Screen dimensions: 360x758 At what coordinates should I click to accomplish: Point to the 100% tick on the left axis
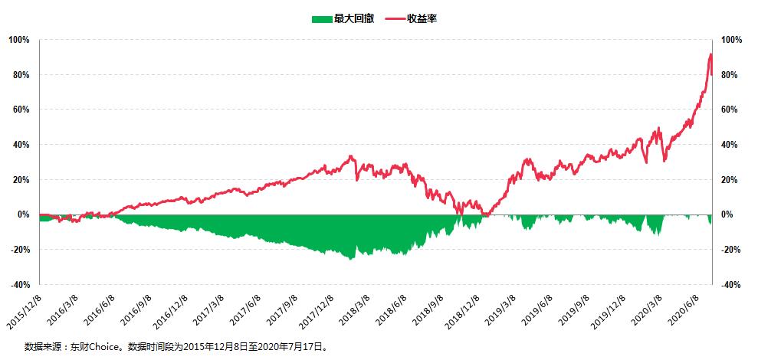[20, 40]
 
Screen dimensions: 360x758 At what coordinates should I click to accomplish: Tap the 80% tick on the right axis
[732, 75]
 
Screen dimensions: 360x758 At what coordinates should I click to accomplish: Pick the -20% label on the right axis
[732, 250]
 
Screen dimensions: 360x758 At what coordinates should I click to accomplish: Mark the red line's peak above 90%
[710, 54]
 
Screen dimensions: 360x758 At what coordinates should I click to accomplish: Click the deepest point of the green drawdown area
[352, 259]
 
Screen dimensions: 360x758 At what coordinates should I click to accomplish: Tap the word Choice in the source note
[107, 346]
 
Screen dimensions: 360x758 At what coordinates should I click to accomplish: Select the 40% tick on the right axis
[732, 145]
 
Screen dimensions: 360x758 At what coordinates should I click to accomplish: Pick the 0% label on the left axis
[23, 214]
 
